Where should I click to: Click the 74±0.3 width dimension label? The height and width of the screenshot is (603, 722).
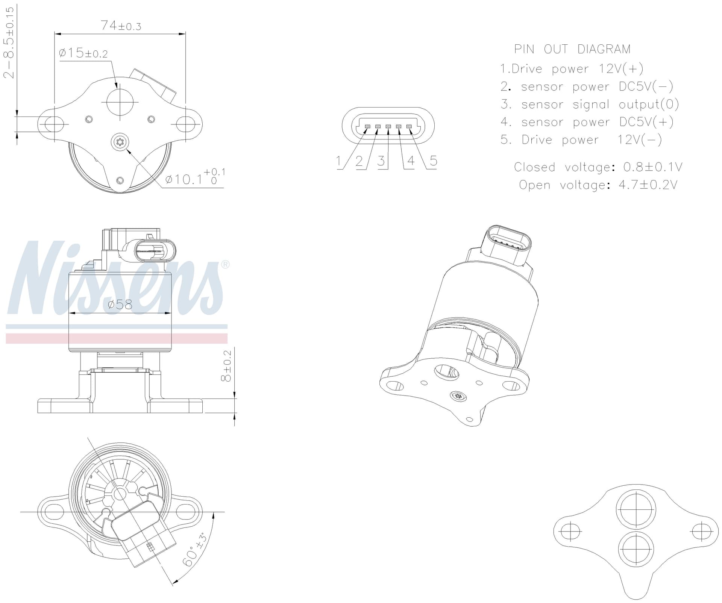pos(121,26)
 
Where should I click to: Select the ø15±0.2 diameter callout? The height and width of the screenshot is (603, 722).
pos(83,53)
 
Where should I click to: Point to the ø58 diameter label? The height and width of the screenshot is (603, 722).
pos(120,304)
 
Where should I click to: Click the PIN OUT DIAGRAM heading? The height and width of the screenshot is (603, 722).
pos(572,49)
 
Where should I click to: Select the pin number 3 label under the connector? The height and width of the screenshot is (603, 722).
pos(381,161)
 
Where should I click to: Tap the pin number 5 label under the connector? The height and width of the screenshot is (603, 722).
pos(433,161)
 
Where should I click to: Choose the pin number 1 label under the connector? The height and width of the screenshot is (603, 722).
pos(338,161)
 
